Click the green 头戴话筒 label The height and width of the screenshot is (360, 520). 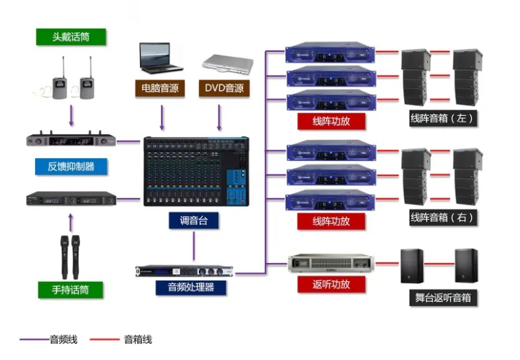tap(71, 37)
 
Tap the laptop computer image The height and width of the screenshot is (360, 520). tap(160, 58)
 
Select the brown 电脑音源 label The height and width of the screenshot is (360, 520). tap(160, 89)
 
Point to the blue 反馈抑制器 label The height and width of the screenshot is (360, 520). tap(71, 167)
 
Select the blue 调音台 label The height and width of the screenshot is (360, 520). tap(193, 220)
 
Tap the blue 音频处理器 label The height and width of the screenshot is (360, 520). tap(190, 287)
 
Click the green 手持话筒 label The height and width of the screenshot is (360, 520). tap(71, 289)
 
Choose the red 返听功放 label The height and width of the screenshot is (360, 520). tap(330, 284)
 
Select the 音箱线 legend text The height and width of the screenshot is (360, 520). tap(138, 340)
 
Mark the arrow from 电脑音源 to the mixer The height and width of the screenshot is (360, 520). tap(162, 116)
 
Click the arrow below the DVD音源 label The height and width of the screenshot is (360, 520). tap(219, 116)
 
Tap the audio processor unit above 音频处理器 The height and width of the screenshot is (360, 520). tap(184, 271)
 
